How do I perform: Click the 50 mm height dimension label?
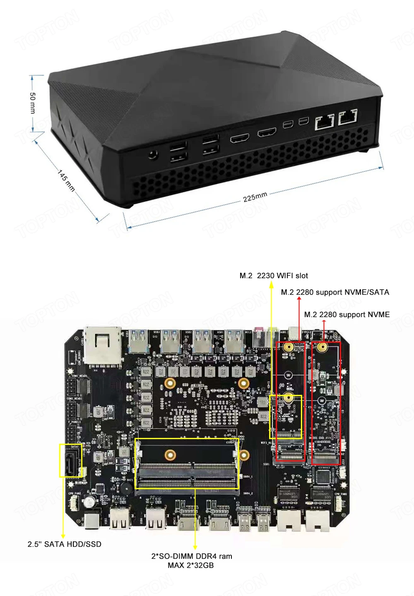33,103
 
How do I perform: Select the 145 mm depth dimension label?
66,181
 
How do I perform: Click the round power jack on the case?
153,155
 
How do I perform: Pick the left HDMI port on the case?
240,138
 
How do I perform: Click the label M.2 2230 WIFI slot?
274,276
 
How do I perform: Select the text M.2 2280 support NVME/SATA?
335,292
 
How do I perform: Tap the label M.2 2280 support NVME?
347,315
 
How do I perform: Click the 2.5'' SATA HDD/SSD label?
65,544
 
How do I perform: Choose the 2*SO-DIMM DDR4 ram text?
191,556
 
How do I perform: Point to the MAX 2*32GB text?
191,565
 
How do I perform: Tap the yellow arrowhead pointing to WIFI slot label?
271,285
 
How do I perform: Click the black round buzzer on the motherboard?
126,488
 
